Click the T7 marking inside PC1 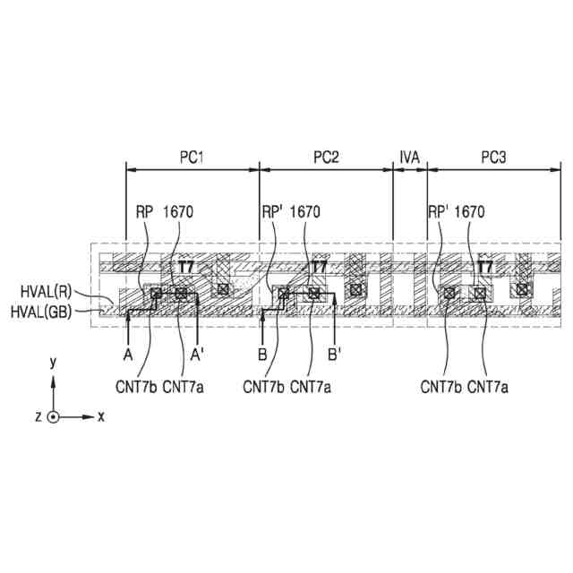point(185,267)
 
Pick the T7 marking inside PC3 point(484,267)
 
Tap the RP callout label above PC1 point(144,212)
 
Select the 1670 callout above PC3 point(468,212)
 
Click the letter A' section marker point(198,355)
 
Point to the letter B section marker point(262,355)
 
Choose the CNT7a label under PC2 point(311,387)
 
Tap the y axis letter point(54,362)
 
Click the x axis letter point(101,416)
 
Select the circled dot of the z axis point(54,417)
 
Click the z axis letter point(38,417)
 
